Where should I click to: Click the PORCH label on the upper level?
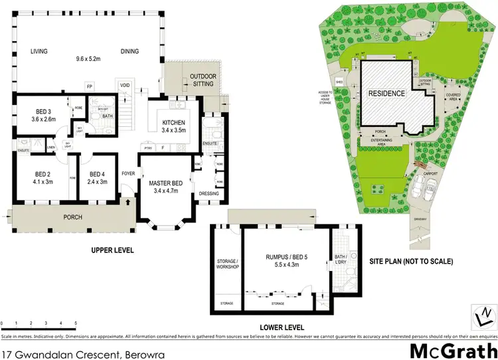click(x=72, y=217)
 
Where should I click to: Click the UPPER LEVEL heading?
click(x=112, y=250)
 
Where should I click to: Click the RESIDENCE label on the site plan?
click(x=386, y=94)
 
